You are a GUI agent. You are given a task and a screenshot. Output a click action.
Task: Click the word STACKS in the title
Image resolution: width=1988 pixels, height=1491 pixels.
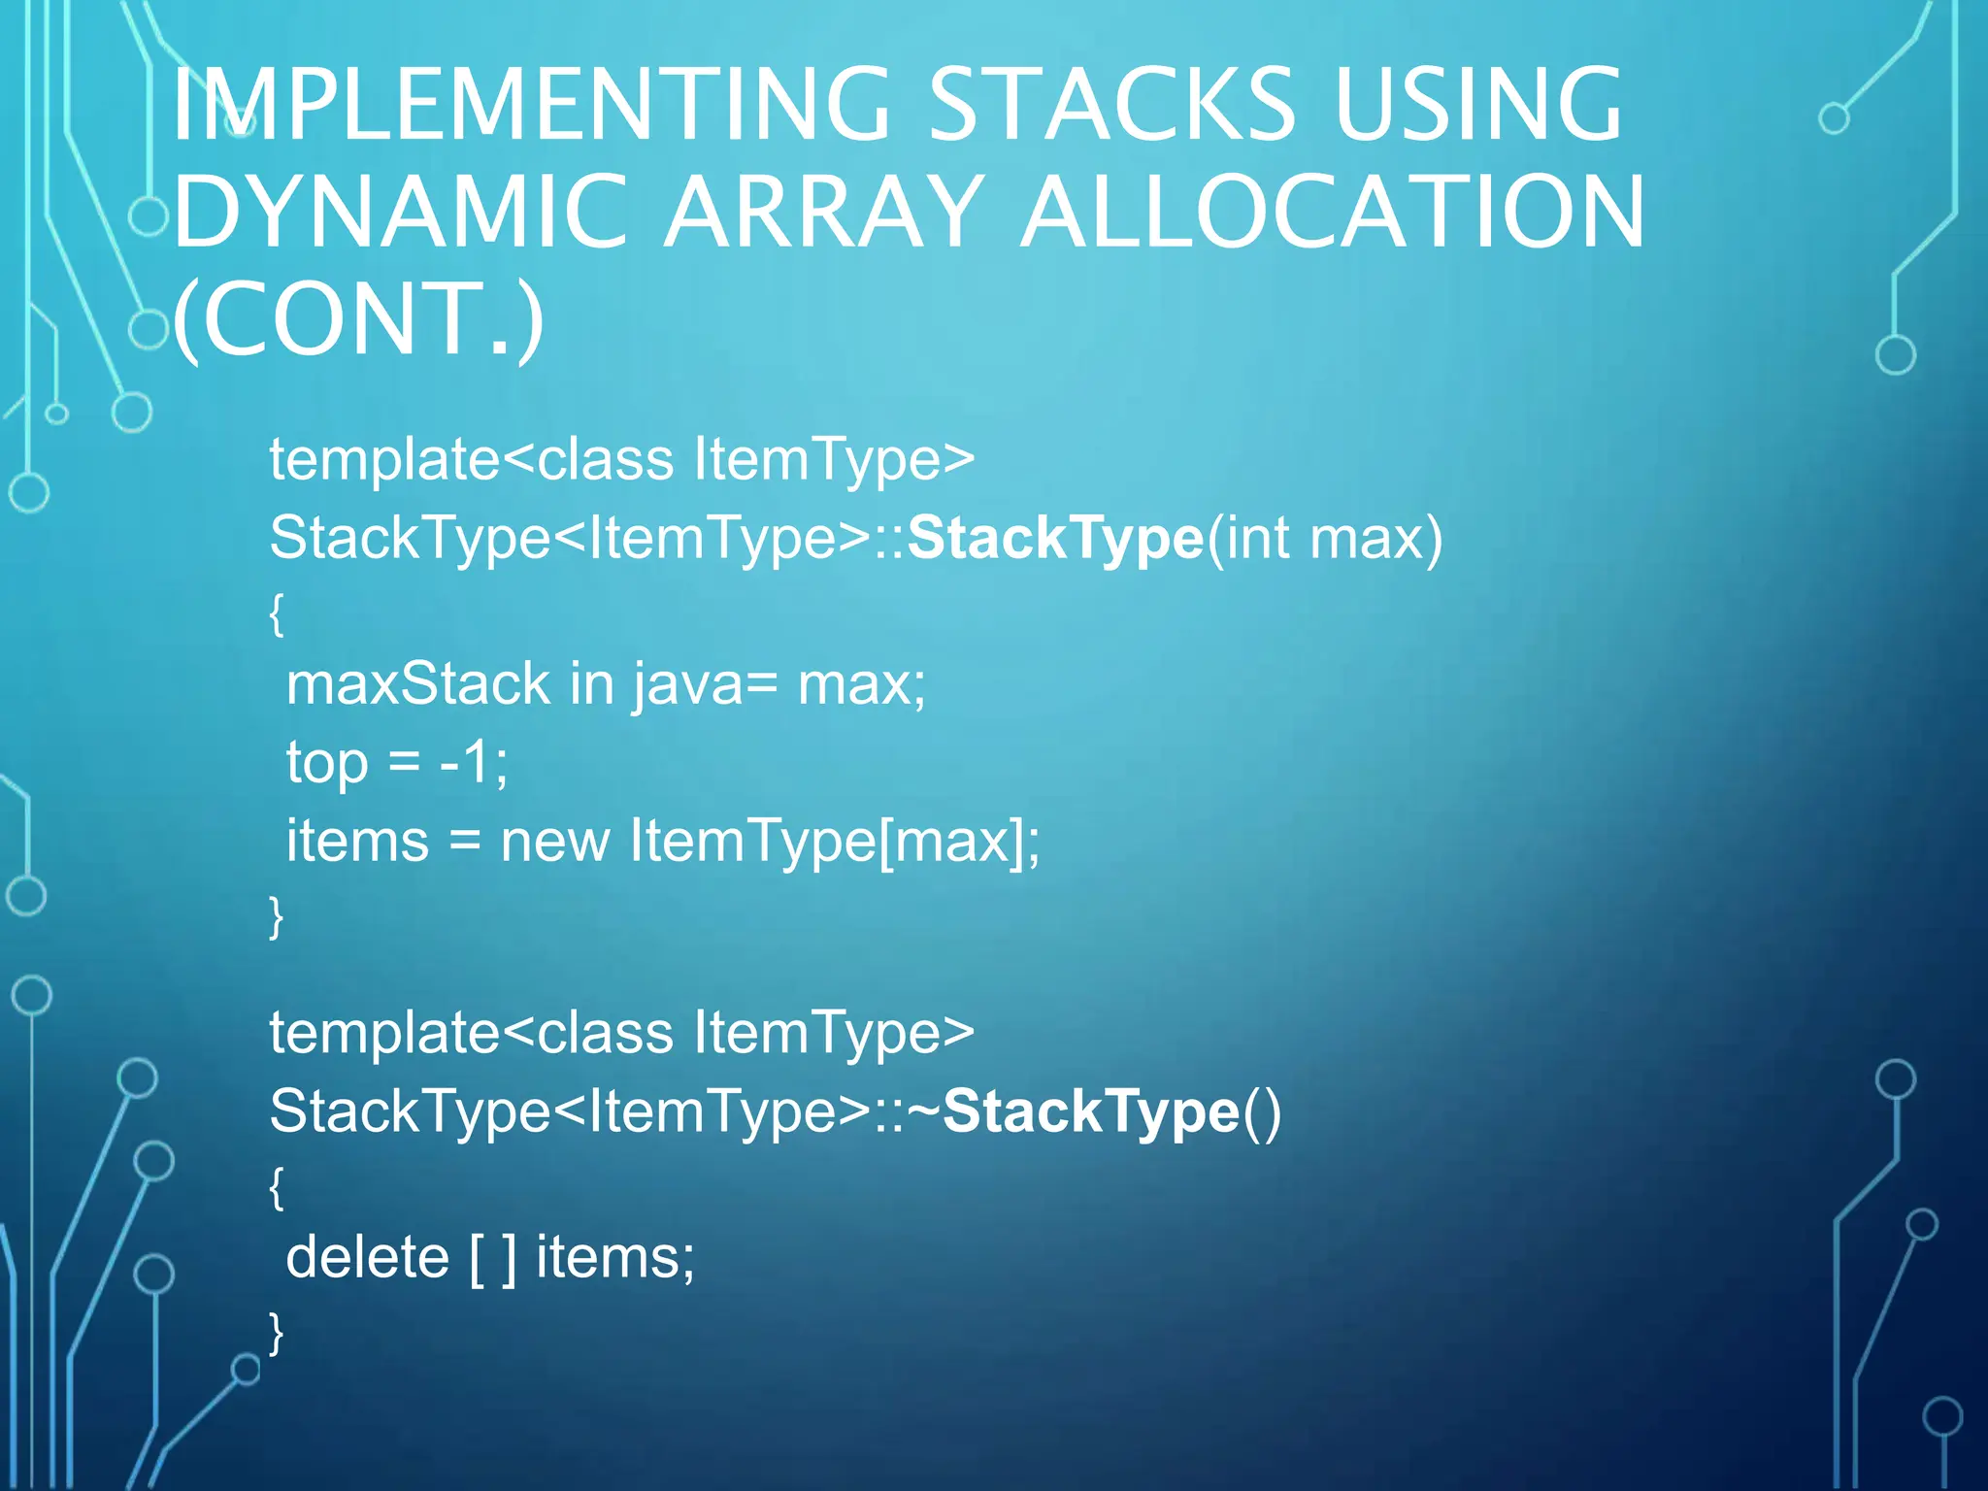click(x=1112, y=104)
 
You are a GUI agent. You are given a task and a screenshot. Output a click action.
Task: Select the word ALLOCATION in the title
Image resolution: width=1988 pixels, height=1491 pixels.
click(x=1333, y=213)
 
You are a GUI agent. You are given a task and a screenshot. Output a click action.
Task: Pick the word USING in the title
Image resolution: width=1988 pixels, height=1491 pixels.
click(x=1477, y=104)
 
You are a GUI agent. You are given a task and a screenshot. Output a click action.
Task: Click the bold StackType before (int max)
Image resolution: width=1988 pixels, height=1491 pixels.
click(x=1055, y=538)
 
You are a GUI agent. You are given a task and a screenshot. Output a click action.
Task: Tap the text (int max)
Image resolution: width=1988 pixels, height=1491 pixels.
click(x=1324, y=538)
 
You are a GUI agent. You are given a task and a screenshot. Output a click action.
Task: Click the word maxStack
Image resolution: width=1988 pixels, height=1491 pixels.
click(x=418, y=684)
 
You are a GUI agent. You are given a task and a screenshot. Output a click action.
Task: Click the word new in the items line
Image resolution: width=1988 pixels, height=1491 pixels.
click(x=554, y=841)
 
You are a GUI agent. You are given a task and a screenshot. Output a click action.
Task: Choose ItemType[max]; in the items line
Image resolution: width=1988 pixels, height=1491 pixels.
click(x=835, y=841)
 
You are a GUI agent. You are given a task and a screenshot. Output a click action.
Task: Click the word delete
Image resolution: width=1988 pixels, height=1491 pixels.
click(x=367, y=1258)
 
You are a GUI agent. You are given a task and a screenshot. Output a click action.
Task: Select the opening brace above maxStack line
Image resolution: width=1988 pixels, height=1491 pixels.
click(x=277, y=613)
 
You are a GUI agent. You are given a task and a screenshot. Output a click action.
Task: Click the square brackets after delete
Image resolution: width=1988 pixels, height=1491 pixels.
click(x=492, y=1259)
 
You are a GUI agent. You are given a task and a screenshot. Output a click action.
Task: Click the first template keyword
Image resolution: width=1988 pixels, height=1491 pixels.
click(x=384, y=459)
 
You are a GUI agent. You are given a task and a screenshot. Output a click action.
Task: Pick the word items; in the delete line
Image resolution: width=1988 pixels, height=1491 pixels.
click(x=615, y=1258)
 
